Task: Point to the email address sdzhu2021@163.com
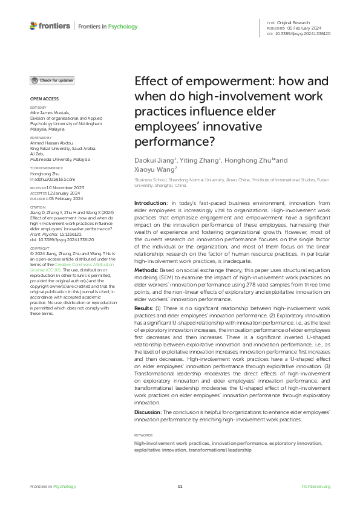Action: (55, 180)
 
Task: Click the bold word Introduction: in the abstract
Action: (151, 203)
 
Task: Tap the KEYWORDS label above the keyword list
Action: (143, 435)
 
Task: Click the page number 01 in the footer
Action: (180, 487)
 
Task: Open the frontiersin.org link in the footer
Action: (316, 487)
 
